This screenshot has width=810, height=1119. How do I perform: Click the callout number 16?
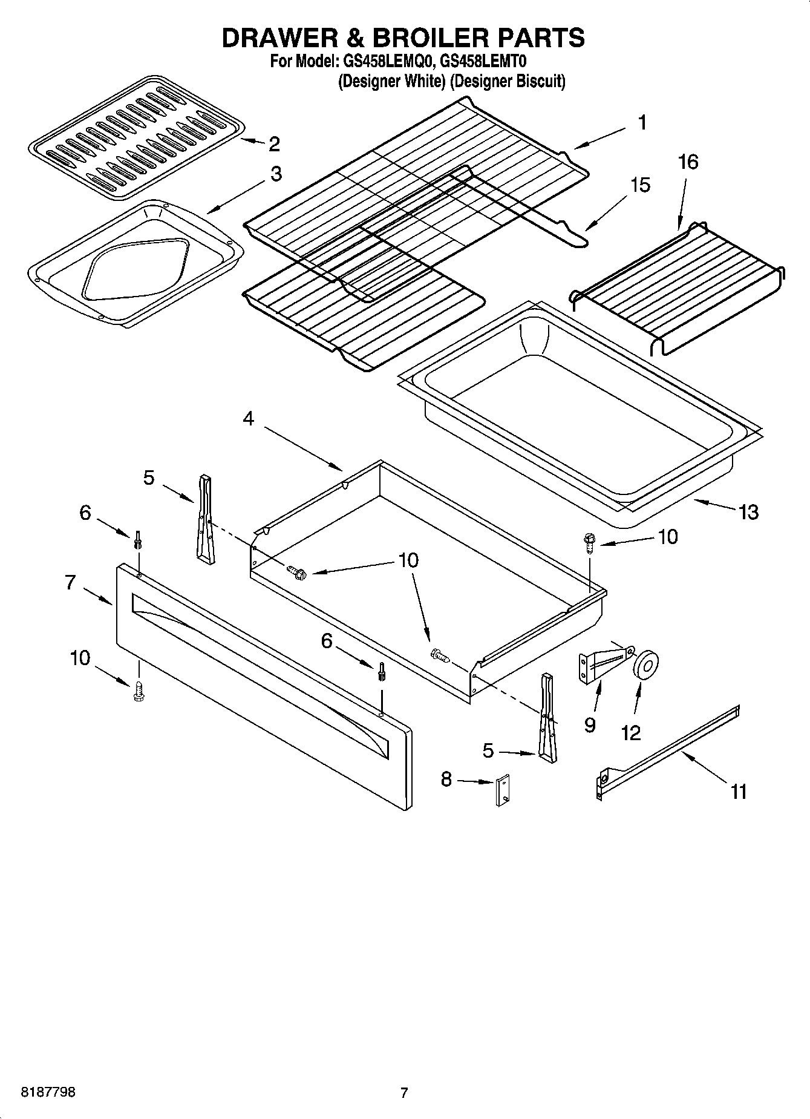[688, 162]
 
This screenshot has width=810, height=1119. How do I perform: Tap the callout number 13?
[748, 512]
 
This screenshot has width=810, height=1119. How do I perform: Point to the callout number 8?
[446, 779]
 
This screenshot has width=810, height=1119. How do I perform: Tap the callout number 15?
[640, 185]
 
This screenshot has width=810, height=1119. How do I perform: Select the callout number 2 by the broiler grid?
[274, 144]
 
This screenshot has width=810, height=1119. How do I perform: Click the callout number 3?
[276, 174]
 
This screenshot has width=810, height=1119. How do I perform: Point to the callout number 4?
[249, 418]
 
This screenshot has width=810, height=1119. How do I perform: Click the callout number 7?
[71, 582]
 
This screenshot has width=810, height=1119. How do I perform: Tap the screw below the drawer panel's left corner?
[139, 692]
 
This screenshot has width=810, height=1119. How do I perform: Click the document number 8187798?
[48, 1092]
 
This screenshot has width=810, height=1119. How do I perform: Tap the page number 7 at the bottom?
[404, 1092]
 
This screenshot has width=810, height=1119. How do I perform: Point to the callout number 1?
[642, 123]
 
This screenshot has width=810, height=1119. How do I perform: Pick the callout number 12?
[630, 733]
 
